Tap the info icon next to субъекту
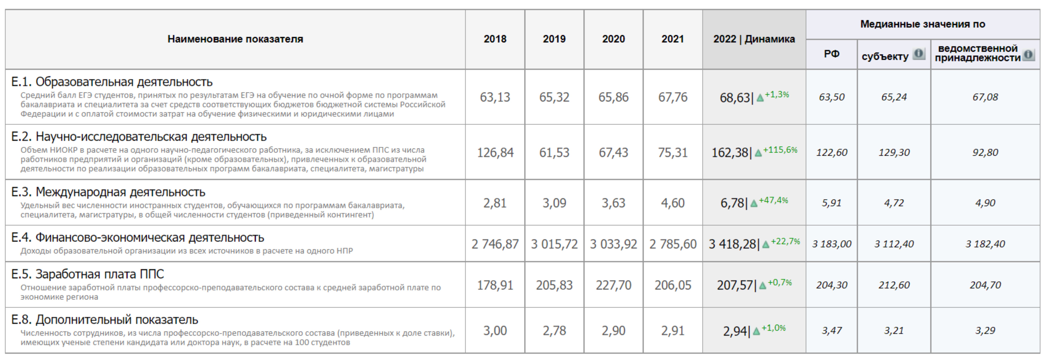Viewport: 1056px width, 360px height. tap(919, 54)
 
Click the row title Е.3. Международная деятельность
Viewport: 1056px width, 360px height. tap(108, 192)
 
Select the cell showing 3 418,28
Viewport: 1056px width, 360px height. tap(732, 244)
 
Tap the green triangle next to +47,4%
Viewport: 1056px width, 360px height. tap(753, 203)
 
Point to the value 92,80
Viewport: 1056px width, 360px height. tap(985, 153)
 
